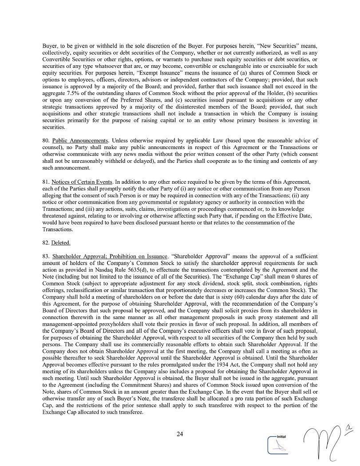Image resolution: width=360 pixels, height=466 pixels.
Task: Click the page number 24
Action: point(180,434)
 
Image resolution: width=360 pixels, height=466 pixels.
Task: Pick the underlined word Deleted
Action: point(61,243)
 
